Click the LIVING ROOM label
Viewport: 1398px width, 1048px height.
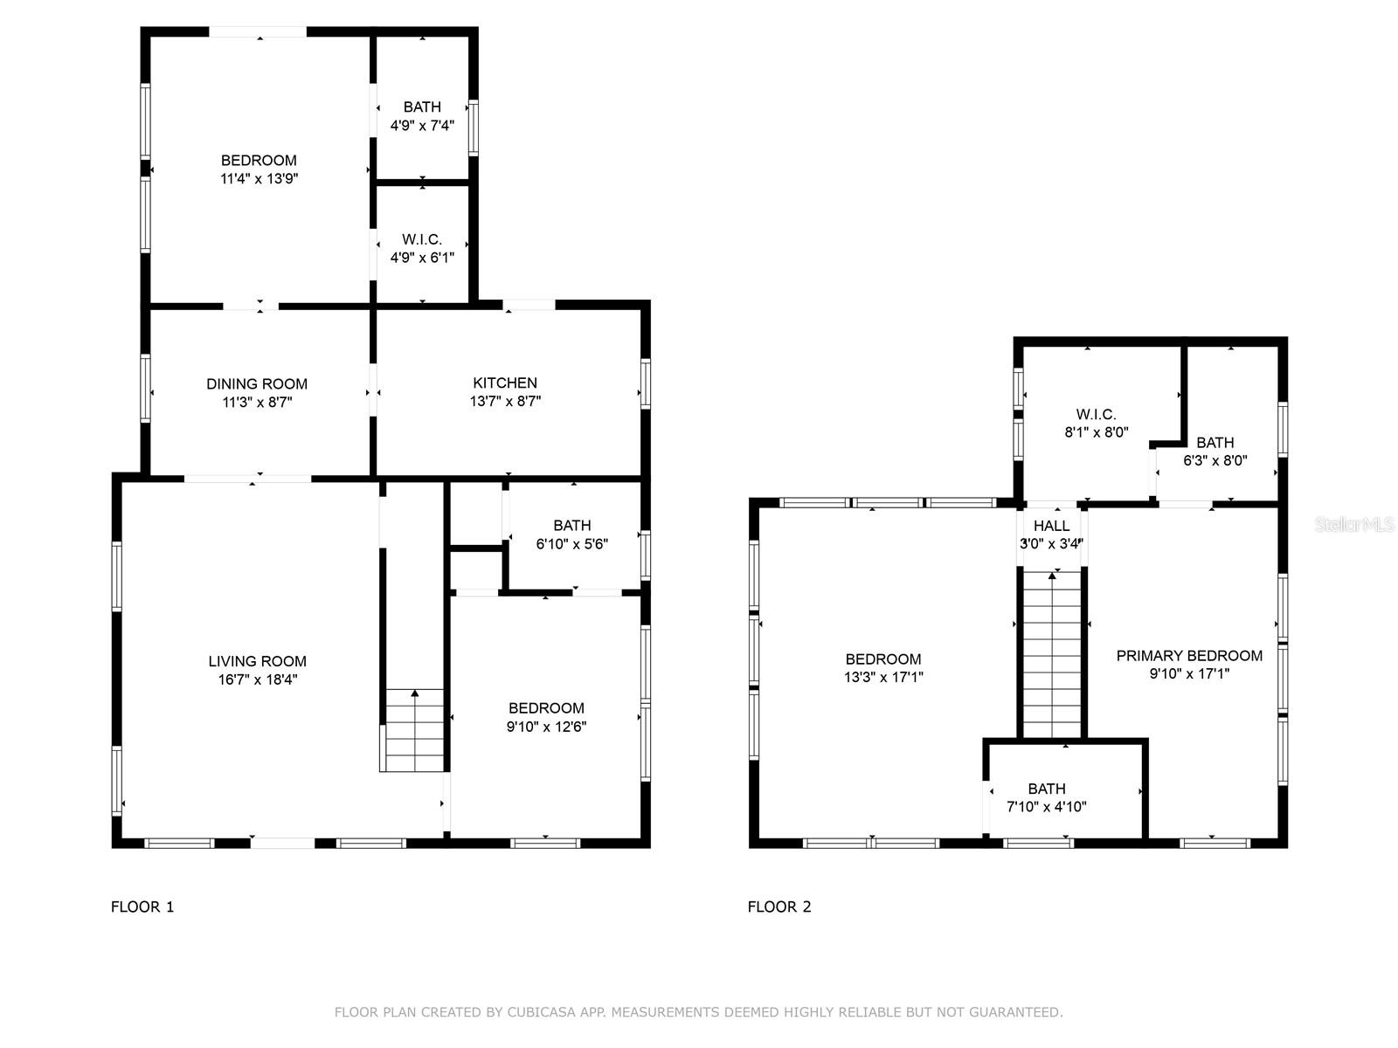pyautogui.click(x=257, y=661)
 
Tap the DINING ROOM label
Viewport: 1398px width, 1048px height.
pyautogui.click(x=257, y=383)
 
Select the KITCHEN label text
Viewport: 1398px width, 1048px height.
pyautogui.click(x=505, y=383)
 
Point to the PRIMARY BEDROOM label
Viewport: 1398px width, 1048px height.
pyautogui.click(x=1189, y=655)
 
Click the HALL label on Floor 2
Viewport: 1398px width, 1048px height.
pyautogui.click(x=1051, y=526)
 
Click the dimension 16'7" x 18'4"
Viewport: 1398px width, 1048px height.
pyautogui.click(x=257, y=679)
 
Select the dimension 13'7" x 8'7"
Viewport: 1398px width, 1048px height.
pyautogui.click(x=505, y=401)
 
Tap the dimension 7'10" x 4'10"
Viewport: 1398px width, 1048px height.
pyautogui.click(x=1047, y=807)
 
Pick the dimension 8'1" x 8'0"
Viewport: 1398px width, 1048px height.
pyautogui.click(x=1096, y=432)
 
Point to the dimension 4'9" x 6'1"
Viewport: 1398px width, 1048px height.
pyautogui.click(x=422, y=258)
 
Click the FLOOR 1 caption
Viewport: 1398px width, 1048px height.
pyautogui.click(x=142, y=907)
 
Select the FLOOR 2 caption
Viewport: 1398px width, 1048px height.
pyautogui.click(x=779, y=907)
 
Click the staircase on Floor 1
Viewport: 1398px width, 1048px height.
pyautogui.click(x=415, y=730)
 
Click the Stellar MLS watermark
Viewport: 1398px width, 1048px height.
pyautogui.click(x=1353, y=524)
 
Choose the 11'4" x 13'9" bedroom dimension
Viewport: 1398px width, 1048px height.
pyautogui.click(x=260, y=178)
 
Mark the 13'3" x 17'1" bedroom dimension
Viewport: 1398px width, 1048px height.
pyautogui.click(x=883, y=677)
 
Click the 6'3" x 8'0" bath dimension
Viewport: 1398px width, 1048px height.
pyautogui.click(x=1215, y=460)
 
